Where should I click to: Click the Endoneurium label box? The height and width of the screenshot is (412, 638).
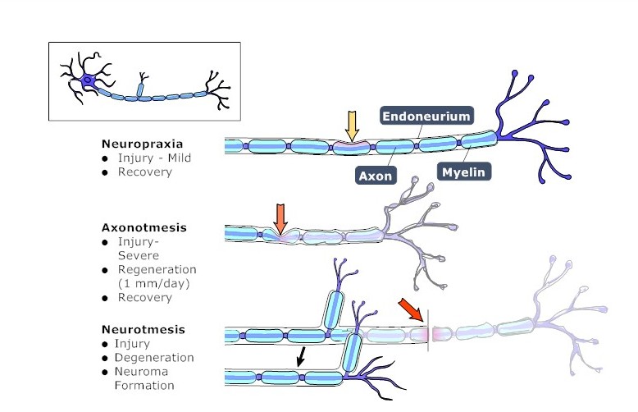(427, 117)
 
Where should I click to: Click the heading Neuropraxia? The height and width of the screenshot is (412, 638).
(136, 142)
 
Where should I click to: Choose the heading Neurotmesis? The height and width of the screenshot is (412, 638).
(137, 329)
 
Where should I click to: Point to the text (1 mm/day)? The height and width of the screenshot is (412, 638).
(153, 283)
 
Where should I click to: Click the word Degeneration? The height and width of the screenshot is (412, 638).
(156, 358)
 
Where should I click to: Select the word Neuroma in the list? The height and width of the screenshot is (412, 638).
(142, 372)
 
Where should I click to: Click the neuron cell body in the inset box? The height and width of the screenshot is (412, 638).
(88, 81)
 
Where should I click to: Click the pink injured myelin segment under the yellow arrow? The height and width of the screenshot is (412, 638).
(351, 148)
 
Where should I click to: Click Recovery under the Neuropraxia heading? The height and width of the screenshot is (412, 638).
(144, 172)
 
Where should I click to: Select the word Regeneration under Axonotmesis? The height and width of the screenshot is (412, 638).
(157, 269)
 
